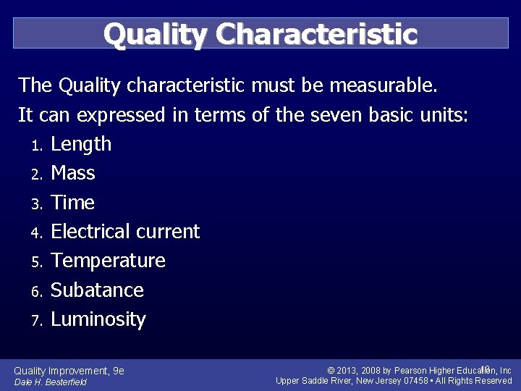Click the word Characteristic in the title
(x=316, y=34)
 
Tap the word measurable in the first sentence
(x=383, y=86)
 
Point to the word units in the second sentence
(x=444, y=115)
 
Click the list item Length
(x=81, y=144)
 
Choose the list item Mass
(x=73, y=173)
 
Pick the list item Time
(x=72, y=202)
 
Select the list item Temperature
(x=109, y=261)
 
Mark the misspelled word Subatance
(x=98, y=290)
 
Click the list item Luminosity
(x=98, y=319)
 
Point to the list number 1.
(x=38, y=146)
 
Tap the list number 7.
(x=38, y=321)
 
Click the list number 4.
(x=38, y=233)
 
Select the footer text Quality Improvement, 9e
(x=69, y=371)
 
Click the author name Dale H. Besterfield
(x=51, y=382)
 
